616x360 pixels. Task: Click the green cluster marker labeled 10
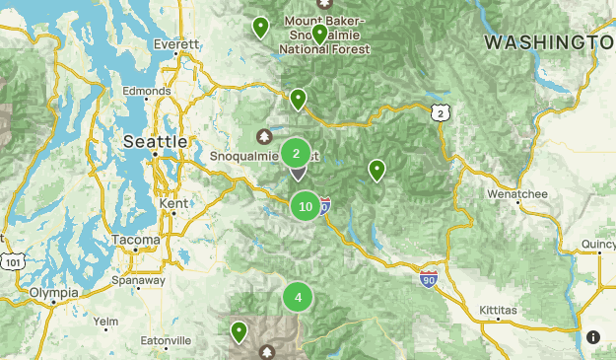[306, 206]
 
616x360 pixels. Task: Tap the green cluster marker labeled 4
[298, 297]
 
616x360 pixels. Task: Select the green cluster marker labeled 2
[296, 153]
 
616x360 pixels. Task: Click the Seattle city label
[155, 142]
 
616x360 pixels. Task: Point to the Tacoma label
[135, 240]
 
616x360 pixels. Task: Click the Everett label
[177, 44]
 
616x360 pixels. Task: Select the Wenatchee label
[516, 194]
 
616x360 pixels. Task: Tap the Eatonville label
[165, 340]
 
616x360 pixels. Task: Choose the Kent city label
[171, 202]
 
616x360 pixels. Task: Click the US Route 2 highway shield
[440, 113]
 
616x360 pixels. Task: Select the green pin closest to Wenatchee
[376, 170]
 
